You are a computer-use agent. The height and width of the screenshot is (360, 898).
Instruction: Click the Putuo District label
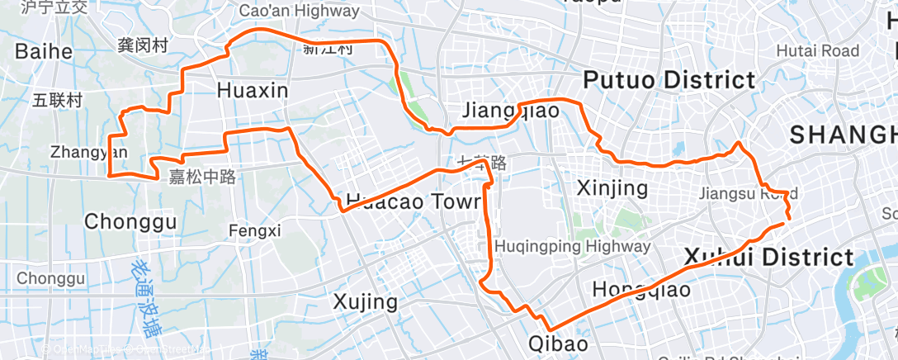669,80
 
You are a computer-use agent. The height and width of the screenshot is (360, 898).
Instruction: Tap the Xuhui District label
768,257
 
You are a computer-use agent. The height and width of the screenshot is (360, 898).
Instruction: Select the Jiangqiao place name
511,111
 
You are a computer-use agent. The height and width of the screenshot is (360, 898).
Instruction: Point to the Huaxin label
253,90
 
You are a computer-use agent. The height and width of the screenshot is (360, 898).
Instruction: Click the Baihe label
44,51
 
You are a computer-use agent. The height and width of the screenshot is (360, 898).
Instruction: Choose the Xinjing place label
612,187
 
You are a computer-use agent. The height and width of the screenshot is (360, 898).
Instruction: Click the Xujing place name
365,301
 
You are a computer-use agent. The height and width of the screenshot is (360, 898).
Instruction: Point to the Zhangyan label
89,152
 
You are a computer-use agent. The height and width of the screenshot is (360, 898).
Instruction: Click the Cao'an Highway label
299,11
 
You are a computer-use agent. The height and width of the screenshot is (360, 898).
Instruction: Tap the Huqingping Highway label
572,246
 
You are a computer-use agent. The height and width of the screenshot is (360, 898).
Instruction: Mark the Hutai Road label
817,51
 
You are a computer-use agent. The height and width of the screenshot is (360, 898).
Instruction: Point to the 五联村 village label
58,101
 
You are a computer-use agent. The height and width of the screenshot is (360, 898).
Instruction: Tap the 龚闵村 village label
143,45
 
